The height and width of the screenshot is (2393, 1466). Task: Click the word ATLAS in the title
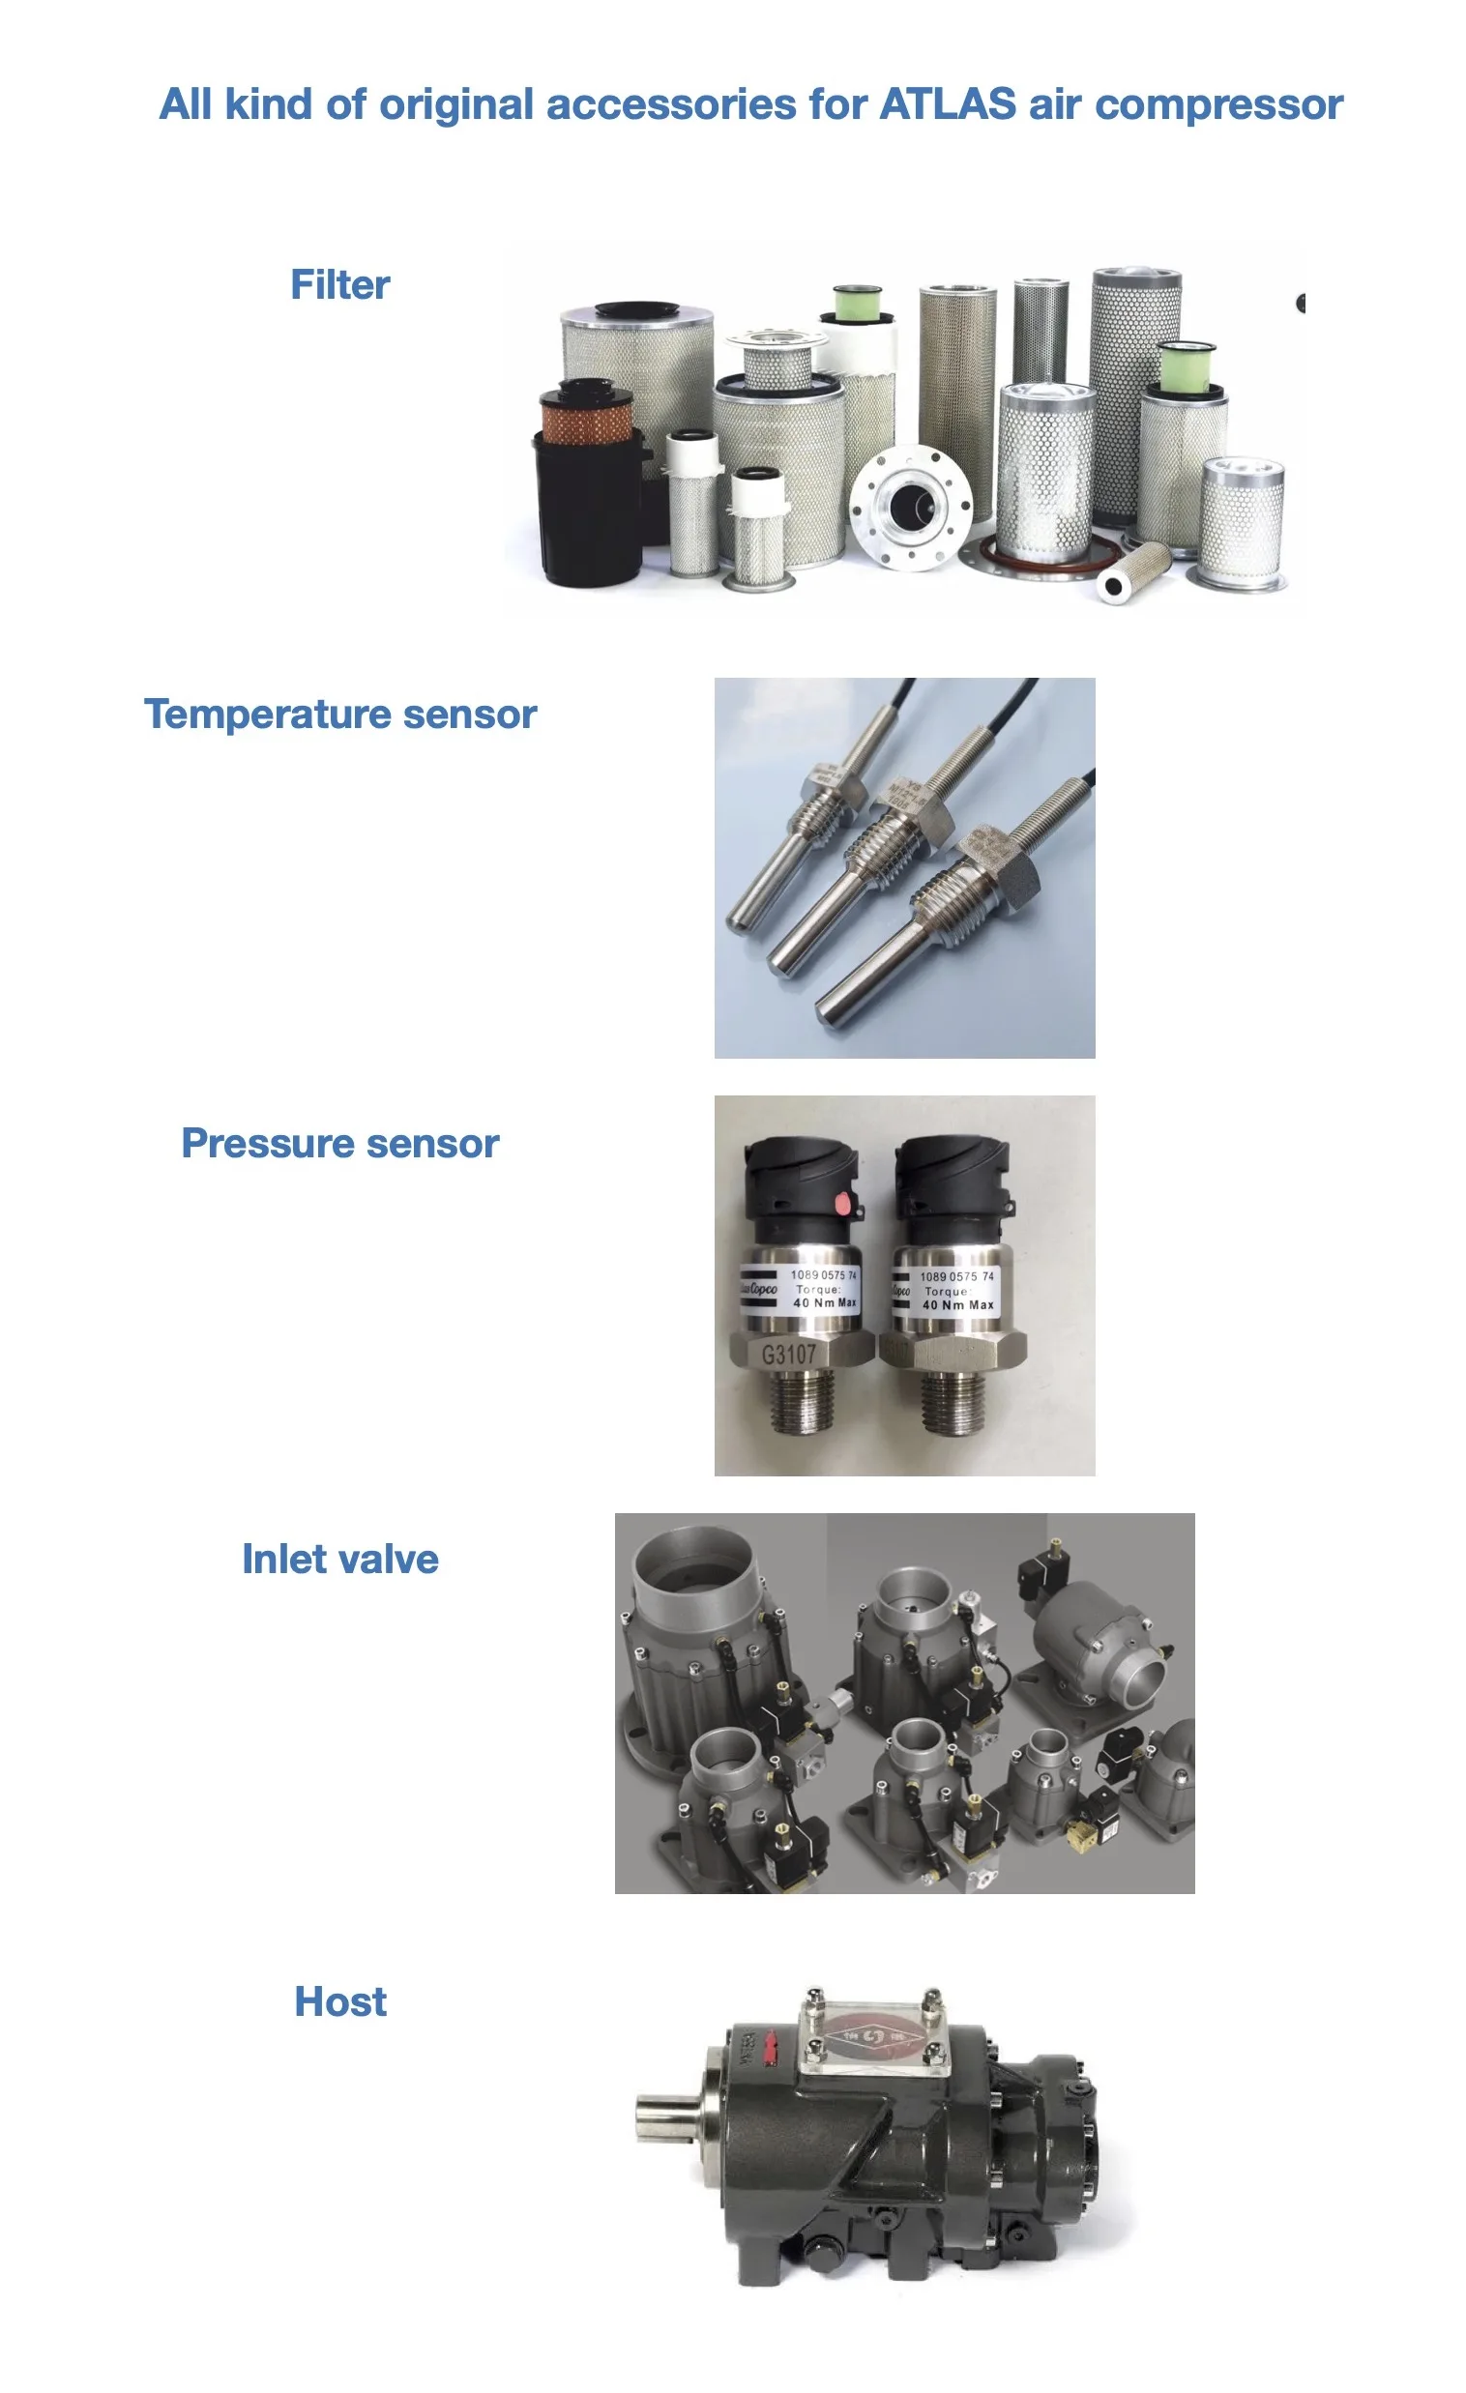coord(947,103)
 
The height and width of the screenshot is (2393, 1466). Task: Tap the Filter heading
coord(340,284)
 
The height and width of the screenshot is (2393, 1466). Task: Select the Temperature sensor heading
coord(340,714)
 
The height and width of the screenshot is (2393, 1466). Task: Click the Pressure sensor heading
coord(340,1143)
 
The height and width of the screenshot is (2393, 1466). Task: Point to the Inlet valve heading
coord(340,1559)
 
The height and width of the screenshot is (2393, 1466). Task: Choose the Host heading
coord(340,2001)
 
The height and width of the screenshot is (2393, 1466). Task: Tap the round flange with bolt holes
coord(909,507)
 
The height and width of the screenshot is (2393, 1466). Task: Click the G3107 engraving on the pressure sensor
coord(788,1354)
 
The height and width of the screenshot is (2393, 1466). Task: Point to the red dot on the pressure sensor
coord(842,1205)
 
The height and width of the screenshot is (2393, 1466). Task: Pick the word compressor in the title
coord(1218,103)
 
